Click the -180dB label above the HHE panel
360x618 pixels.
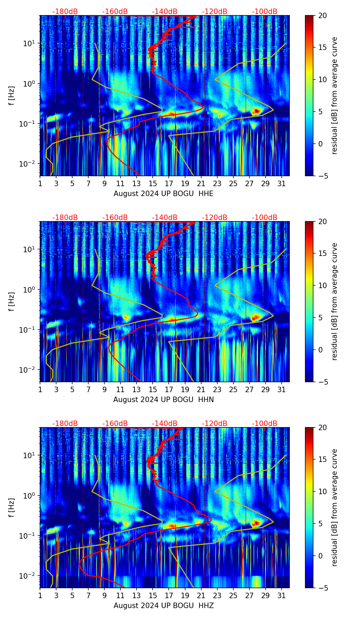(65, 12)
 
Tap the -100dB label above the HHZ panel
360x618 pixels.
(265, 424)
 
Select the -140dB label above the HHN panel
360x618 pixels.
(165, 218)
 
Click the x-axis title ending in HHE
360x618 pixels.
(163, 194)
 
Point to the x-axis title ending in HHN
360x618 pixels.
(163, 400)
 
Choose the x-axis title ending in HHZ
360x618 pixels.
(163, 606)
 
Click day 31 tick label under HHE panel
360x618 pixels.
(282, 184)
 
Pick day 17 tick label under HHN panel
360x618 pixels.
(169, 390)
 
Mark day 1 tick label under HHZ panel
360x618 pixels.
(40, 596)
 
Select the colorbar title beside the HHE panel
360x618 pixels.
(335, 95)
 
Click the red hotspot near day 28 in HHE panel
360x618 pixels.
(257, 111)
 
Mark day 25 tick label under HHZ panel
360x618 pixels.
(233, 596)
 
